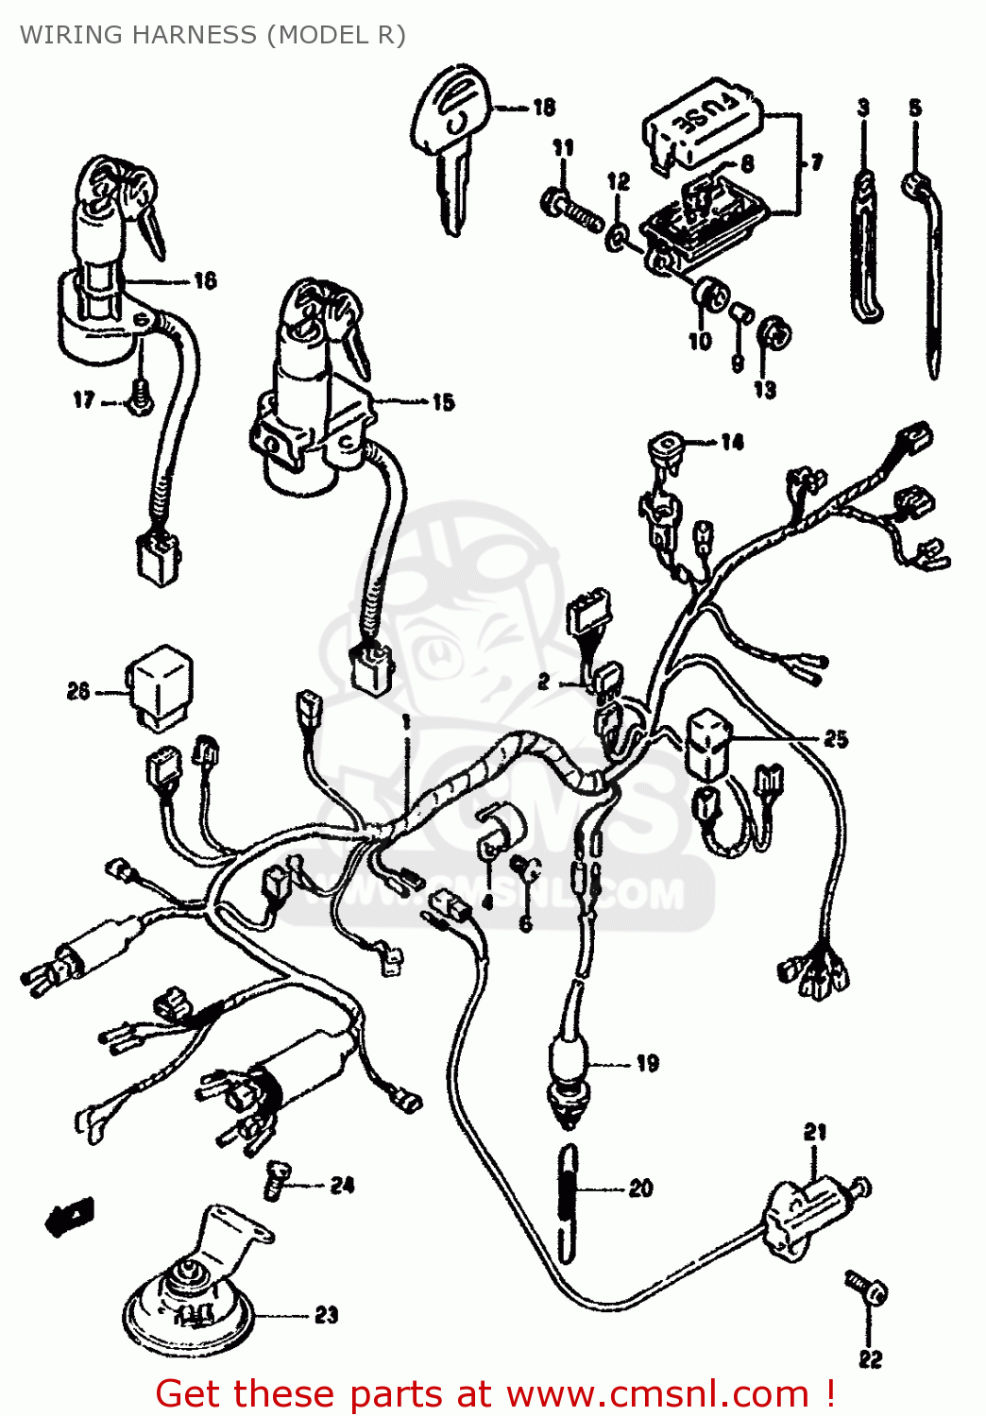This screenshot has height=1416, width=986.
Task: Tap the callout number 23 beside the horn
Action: (x=326, y=1315)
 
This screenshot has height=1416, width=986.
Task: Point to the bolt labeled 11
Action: (x=572, y=211)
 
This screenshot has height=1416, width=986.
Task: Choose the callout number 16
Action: (x=205, y=280)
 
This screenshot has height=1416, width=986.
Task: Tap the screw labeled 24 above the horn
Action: (x=275, y=1179)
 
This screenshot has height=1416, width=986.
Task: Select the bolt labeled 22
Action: (x=867, y=1289)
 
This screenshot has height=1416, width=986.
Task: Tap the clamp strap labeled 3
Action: (x=865, y=245)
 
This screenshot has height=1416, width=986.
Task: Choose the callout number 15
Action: (x=443, y=402)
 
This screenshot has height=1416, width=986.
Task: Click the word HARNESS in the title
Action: (x=195, y=35)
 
